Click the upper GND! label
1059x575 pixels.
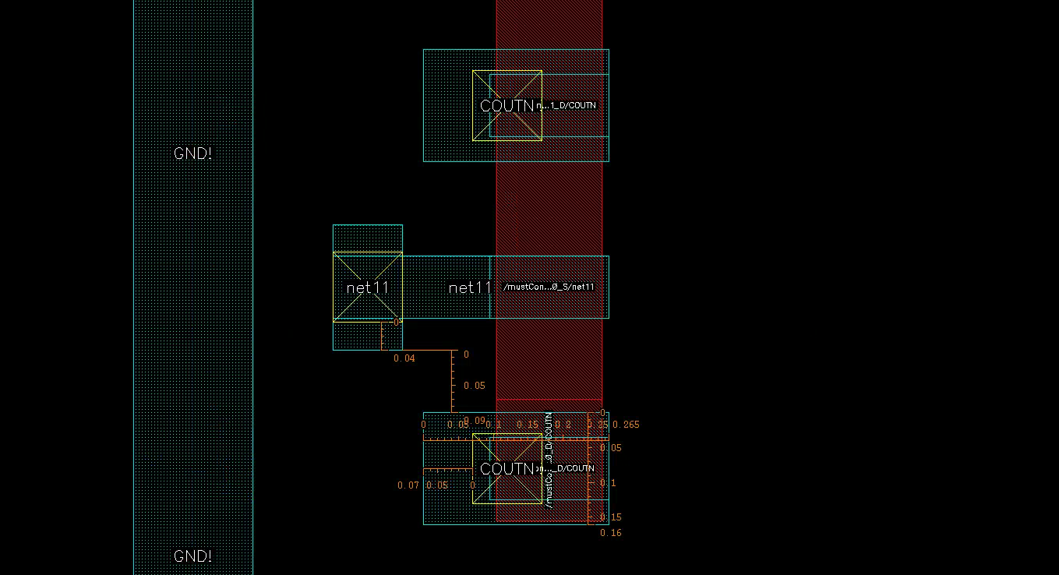click(192, 153)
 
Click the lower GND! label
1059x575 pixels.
click(192, 556)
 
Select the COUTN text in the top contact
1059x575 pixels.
click(507, 106)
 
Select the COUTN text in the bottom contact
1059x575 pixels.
click(507, 469)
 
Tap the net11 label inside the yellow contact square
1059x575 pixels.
click(367, 287)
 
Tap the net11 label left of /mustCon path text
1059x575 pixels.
click(470, 287)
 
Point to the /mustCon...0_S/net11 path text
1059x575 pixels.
click(549, 287)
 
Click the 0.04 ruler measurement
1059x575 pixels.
click(404, 358)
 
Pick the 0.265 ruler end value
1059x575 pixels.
click(626, 425)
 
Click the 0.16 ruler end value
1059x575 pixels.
click(611, 533)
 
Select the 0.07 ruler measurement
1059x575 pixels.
click(408, 485)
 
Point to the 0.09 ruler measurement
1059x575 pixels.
click(474, 421)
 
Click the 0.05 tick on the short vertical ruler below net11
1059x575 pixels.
click(474, 386)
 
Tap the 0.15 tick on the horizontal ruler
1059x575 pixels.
click(528, 425)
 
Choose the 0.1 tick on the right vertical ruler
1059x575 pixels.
click(608, 483)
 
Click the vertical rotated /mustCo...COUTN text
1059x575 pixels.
click(549, 460)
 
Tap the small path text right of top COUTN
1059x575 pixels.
click(567, 105)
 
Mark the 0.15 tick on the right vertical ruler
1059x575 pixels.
click(610, 517)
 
